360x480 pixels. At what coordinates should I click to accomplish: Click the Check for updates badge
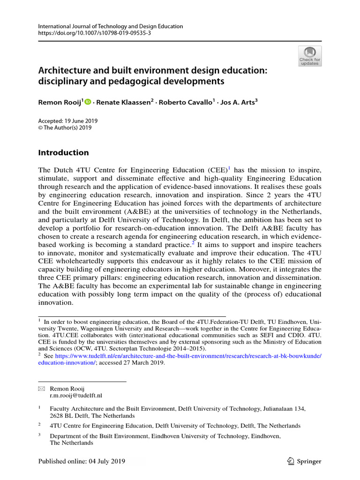tap(310, 56)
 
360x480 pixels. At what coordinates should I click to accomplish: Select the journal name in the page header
tap(110, 26)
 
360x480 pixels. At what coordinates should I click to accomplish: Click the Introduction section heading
tap(63, 152)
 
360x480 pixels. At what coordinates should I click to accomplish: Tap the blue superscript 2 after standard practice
tap(193, 242)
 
